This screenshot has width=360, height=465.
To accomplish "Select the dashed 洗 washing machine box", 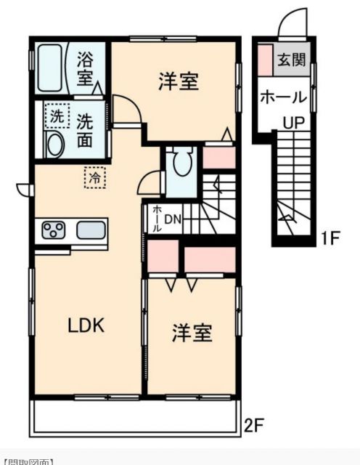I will click(x=55, y=115).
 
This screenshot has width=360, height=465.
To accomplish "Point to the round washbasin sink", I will click(x=54, y=144).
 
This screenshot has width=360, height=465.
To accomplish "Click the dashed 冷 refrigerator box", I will click(x=94, y=175).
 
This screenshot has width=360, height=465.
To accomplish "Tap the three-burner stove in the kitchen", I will click(x=52, y=232).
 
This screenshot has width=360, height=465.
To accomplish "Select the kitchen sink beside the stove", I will click(x=90, y=231).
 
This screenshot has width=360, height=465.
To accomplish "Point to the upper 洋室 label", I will click(x=179, y=81).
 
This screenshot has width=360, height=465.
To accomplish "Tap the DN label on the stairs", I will click(x=173, y=219).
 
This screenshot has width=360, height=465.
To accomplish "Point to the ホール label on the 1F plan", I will click(x=282, y=97).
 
